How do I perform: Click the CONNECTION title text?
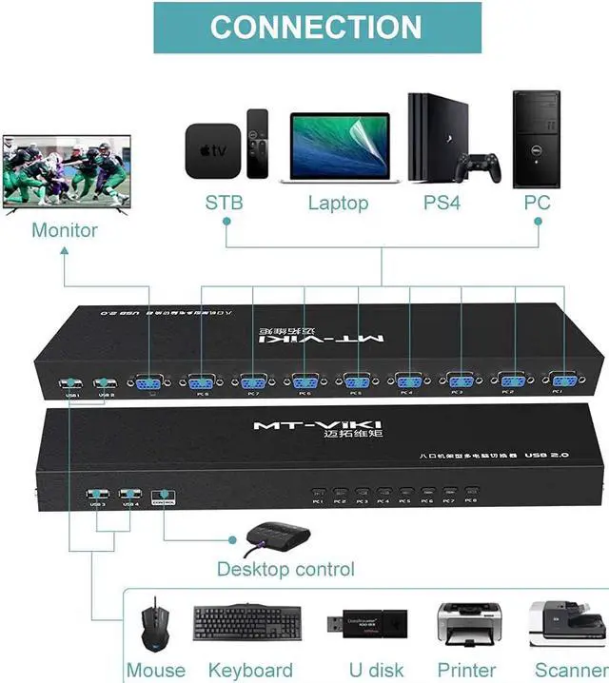coord(315,27)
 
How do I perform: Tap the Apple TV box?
coord(210,151)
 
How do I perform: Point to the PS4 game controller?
coord(479,167)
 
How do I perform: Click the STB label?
coord(225,203)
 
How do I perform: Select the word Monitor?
coord(65,230)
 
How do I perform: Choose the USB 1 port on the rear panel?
coord(70,385)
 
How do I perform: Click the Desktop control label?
coord(285,569)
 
